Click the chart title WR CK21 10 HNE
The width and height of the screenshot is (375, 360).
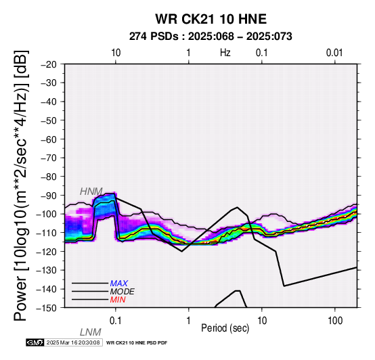[211, 19]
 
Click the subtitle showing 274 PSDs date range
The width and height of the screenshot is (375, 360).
[211, 37]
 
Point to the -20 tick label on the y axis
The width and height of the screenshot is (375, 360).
[49, 64]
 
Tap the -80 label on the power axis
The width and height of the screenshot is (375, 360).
[49, 177]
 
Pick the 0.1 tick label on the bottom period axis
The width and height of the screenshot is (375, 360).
[115, 321]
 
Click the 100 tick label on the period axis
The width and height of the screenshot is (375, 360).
[335, 321]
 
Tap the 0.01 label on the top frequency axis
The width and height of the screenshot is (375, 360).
[334, 53]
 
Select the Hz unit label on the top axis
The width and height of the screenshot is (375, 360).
[225, 53]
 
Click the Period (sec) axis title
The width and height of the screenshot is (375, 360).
[225, 328]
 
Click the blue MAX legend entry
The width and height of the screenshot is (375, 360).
[119, 284]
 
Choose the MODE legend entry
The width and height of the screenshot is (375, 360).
[123, 292]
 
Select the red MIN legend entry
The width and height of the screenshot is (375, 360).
[118, 300]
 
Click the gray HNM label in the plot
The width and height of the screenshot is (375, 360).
[91, 192]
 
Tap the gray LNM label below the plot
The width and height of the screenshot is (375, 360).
[91, 332]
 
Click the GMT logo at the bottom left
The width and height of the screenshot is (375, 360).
[35, 342]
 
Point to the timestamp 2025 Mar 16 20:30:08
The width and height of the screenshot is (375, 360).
[73, 342]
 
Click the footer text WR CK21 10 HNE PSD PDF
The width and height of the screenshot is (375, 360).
[137, 343]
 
